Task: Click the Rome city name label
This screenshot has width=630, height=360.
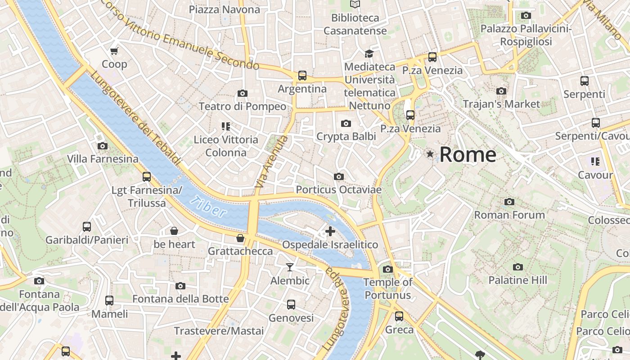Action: (468, 154)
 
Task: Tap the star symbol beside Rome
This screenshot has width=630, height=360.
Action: (430, 154)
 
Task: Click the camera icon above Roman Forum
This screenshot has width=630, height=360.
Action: (509, 202)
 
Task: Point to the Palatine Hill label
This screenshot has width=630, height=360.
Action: (517, 280)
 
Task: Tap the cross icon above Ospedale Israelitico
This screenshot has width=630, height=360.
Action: (330, 231)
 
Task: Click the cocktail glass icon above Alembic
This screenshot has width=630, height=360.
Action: (290, 267)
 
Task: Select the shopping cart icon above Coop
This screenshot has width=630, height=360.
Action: (114, 51)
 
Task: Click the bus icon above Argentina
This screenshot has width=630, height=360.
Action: (302, 76)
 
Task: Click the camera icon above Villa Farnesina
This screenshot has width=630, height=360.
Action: (103, 146)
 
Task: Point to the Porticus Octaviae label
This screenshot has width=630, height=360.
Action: (338, 189)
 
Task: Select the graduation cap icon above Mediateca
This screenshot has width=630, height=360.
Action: (369, 54)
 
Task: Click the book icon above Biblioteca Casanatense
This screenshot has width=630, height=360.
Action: (355, 4)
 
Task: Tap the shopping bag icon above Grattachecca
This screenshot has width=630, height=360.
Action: (240, 238)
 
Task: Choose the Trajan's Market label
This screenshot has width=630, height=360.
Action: (501, 104)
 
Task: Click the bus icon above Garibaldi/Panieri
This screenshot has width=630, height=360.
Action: (87, 227)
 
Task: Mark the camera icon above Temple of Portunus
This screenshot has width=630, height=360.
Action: (387, 269)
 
